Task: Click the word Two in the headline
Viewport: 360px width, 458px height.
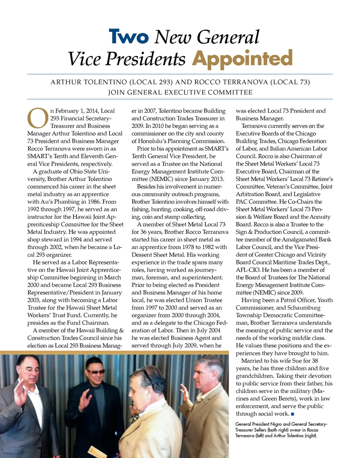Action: pyautogui.click(x=128, y=37)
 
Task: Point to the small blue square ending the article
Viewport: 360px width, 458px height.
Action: pyautogui.click(x=292, y=414)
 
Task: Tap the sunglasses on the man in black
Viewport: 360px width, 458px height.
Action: pyautogui.click(x=96, y=371)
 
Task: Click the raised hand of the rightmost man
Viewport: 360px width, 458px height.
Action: pyautogui.click(x=185, y=390)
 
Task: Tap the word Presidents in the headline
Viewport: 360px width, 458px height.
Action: pyautogui.click(x=154, y=59)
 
